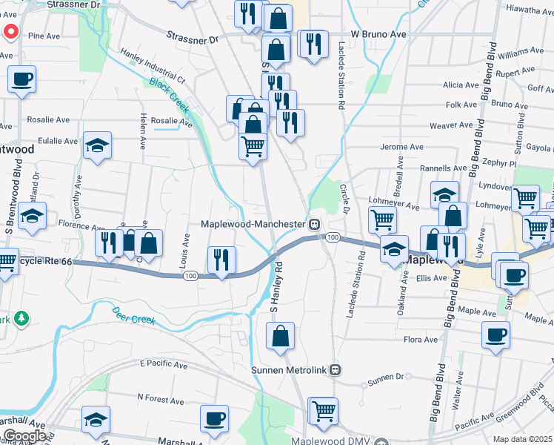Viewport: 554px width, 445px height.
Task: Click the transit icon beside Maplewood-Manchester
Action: coord(315,224)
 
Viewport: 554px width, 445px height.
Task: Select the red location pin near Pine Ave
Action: coord(10,33)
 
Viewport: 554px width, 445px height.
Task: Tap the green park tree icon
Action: coord(22,318)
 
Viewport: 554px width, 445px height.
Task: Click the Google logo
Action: coord(24,436)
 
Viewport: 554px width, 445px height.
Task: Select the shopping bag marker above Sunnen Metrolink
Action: coord(281,337)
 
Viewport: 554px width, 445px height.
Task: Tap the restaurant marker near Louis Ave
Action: coord(221,260)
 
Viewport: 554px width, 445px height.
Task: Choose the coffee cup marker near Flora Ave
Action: coord(495,334)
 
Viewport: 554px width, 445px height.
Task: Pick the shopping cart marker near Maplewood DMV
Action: coord(323,410)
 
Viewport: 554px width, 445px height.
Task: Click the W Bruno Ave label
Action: coord(378,34)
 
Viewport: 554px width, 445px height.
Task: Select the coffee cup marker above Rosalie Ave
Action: coord(21,79)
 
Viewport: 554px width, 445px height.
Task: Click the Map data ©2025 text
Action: coord(523,439)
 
